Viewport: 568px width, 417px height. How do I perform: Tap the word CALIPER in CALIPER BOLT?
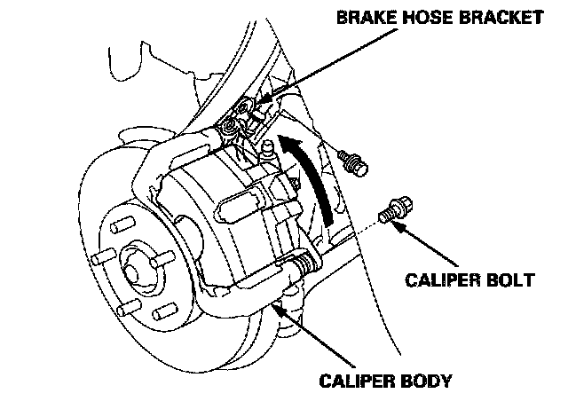tap(442, 280)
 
